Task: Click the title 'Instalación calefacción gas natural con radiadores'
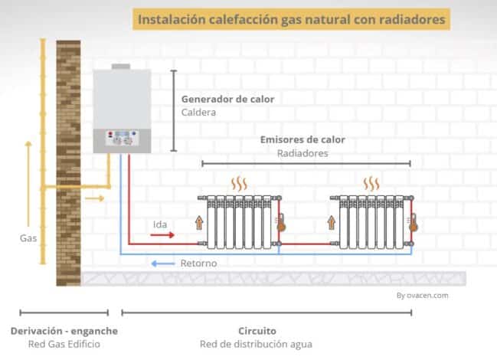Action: [x=289, y=18]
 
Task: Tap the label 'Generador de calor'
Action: [x=227, y=99]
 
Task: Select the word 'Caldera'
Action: [x=199, y=113]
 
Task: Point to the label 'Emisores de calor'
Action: [x=302, y=139]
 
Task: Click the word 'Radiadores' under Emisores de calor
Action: [x=302, y=153]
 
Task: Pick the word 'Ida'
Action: [x=161, y=224]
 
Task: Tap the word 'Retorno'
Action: [x=198, y=263]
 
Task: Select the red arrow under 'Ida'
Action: [x=162, y=236]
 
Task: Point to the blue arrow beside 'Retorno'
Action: [x=162, y=263]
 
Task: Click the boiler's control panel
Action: [x=122, y=140]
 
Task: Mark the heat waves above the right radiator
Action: [x=372, y=184]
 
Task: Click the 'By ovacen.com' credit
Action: [x=423, y=294]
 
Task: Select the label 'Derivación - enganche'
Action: [x=64, y=330]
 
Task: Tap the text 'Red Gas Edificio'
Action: [x=64, y=344]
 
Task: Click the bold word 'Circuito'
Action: [x=257, y=330]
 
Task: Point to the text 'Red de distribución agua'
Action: [x=257, y=344]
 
